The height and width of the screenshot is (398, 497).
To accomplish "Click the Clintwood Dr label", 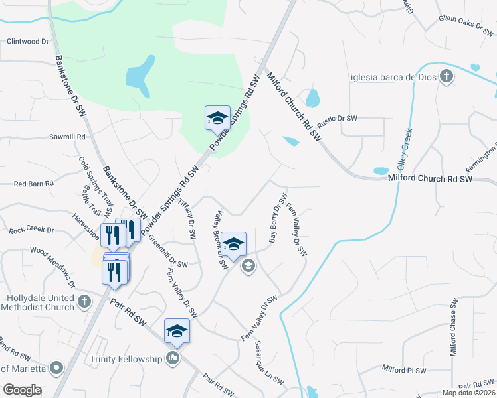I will (x=28, y=41).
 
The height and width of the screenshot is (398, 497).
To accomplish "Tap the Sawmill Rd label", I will (x=68, y=137).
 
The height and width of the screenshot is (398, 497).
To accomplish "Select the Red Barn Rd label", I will (x=33, y=184).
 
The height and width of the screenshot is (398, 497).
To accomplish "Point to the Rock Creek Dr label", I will (x=31, y=230).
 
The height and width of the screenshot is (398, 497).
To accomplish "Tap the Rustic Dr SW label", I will (x=337, y=120).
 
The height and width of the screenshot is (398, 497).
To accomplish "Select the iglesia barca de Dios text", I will (x=393, y=77).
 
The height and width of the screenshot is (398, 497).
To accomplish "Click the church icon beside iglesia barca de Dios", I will (x=446, y=76).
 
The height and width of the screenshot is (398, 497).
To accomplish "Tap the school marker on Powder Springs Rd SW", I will (x=217, y=119).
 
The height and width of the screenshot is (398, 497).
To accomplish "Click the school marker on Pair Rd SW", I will (x=177, y=331).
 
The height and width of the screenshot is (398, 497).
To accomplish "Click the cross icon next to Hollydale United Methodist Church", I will (x=84, y=302).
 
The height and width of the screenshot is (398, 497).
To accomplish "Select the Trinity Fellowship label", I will (x=126, y=360).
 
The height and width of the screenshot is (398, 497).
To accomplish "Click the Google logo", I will (x=22, y=390).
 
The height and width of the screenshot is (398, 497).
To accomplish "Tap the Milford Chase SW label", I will (x=453, y=327).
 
